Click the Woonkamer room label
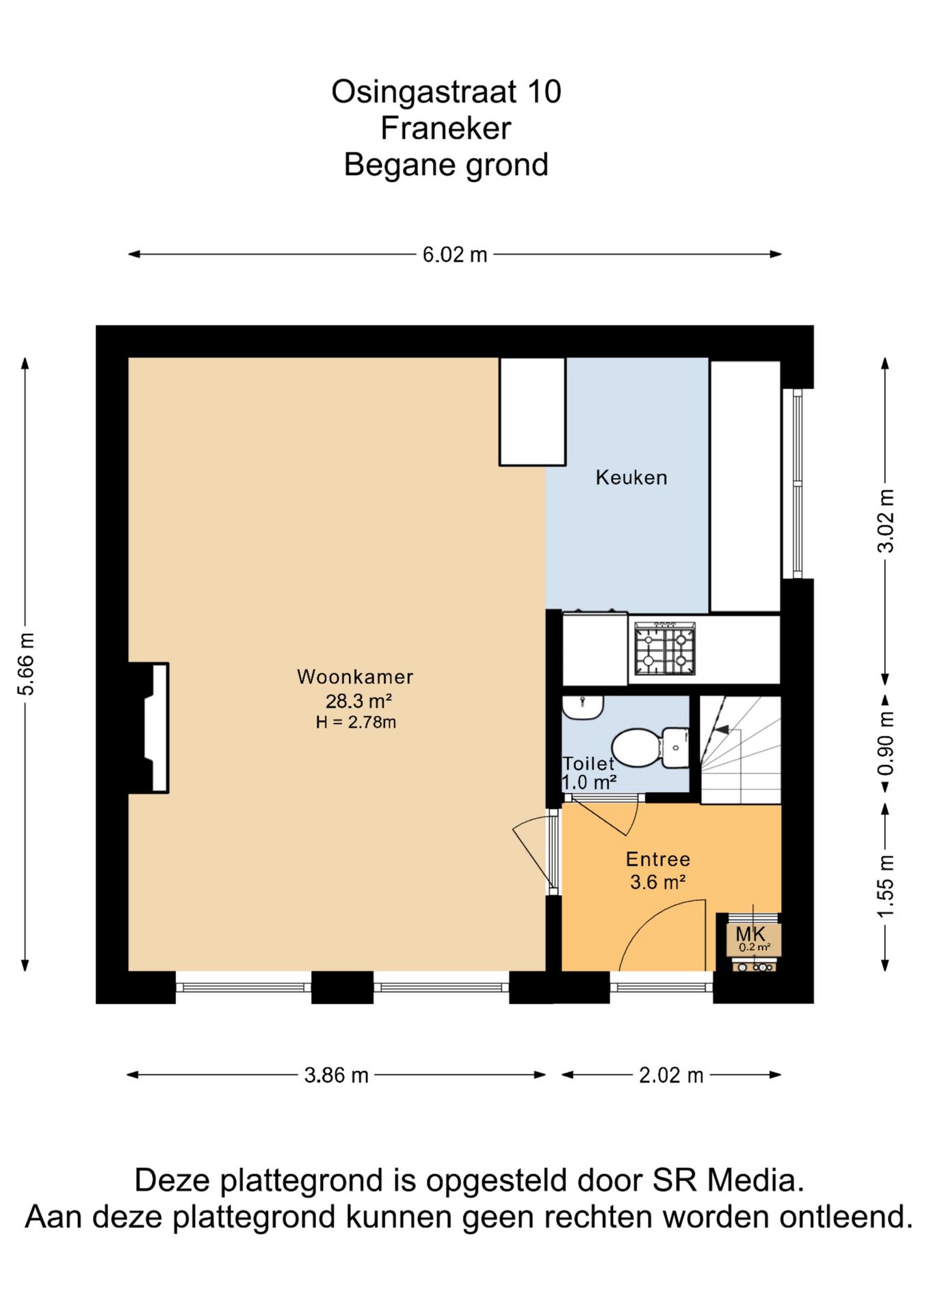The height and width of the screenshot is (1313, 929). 355,676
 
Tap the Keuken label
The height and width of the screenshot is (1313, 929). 631,477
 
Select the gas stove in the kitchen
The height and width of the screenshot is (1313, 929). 665,648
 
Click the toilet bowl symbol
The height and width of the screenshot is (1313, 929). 649,747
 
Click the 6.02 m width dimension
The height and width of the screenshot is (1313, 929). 455,254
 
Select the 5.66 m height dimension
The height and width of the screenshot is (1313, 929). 25,664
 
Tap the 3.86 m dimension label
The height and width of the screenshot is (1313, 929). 336,1074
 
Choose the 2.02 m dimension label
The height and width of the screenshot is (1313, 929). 671,1074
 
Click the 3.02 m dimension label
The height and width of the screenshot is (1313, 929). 885,520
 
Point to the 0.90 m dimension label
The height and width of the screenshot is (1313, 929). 885,744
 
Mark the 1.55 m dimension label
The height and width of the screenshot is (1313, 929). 885,886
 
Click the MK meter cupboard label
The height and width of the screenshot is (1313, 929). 750,933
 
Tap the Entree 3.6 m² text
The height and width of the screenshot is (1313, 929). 657,870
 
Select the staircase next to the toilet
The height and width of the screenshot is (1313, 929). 740,750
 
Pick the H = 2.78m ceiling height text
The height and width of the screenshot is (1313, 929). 356,722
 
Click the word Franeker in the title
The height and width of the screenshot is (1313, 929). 446,128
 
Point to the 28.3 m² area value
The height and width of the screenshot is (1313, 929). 358,701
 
